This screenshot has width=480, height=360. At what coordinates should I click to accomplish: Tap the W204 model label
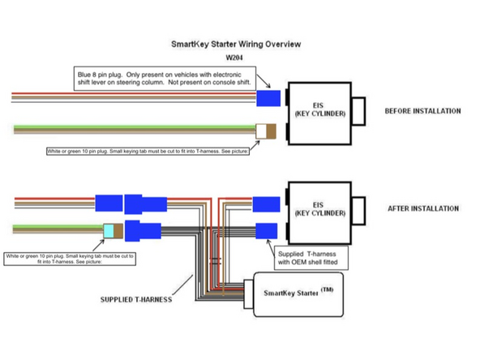coord(236,58)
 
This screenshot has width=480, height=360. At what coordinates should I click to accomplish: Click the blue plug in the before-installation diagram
coord(268,98)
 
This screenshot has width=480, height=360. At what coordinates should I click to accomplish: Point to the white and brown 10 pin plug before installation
coord(266,130)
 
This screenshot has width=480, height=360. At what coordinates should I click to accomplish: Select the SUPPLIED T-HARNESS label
coord(135,299)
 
